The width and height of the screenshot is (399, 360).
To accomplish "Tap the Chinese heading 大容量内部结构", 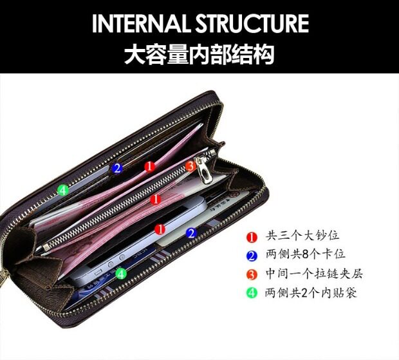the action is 199,53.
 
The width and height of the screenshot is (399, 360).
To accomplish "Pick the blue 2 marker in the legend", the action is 252,256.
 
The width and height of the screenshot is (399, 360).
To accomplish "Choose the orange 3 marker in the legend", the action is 252,274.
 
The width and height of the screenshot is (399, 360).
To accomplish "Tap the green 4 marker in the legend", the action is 252,293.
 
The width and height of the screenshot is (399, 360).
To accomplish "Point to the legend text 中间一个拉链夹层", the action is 315,274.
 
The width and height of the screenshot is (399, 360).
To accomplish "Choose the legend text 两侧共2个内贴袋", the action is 311,293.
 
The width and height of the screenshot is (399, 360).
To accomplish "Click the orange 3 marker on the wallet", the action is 190,166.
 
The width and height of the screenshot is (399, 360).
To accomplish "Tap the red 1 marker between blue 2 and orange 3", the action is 150,167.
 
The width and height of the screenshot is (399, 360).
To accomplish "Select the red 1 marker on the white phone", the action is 160,229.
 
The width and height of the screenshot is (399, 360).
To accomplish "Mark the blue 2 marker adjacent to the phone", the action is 191,233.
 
